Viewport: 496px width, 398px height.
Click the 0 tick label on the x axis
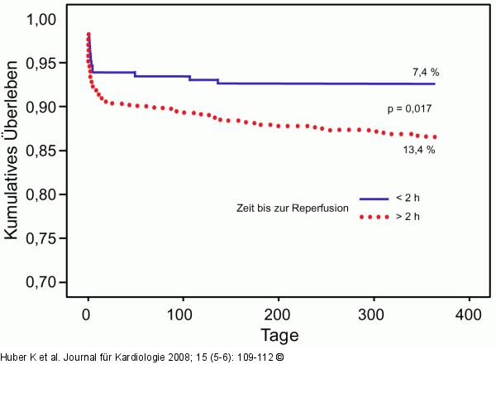pyautogui.click(x=88, y=314)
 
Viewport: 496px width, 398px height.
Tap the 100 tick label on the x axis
pyautogui.click(x=184, y=314)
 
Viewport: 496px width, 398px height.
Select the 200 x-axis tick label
pyautogui.click(x=279, y=314)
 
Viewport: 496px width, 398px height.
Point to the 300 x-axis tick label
pyautogui.click(x=374, y=314)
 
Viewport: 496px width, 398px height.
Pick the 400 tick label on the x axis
pyautogui.click(x=469, y=314)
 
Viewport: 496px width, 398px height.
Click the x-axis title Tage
pyautogui.click(x=279, y=335)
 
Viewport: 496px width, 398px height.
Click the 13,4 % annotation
pyautogui.click(x=419, y=150)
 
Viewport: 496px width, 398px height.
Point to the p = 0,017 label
pyautogui.click(x=411, y=108)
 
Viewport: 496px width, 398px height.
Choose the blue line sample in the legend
pyautogui.click(x=374, y=199)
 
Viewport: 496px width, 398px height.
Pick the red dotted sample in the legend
pyautogui.click(x=374, y=217)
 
